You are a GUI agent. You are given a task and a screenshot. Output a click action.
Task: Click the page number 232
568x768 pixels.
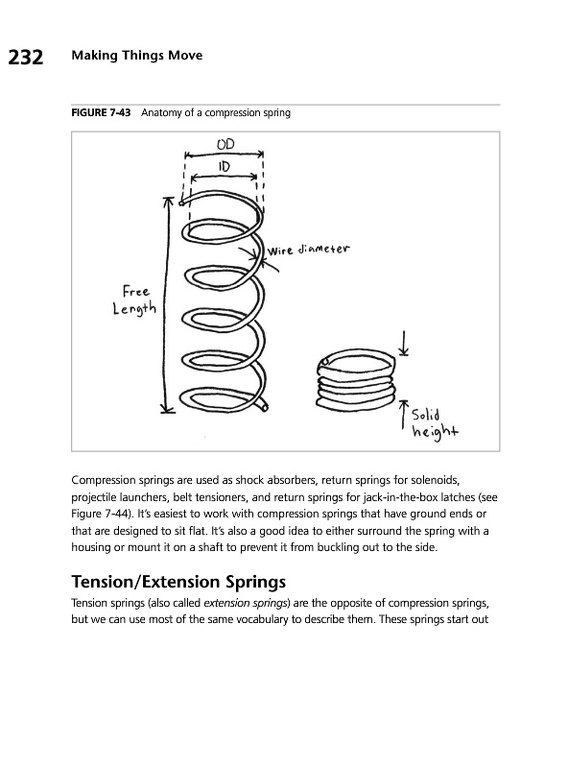coord(26,57)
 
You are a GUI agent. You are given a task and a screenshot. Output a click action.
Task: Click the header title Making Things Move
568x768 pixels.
coord(137,56)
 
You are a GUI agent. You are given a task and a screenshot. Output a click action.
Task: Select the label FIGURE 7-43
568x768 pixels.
coord(101,112)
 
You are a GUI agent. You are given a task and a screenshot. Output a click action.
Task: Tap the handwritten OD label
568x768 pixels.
coord(225,144)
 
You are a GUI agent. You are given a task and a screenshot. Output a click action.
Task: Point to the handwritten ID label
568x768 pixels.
coord(224,166)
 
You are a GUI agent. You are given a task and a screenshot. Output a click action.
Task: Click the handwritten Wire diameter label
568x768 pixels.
coord(309,250)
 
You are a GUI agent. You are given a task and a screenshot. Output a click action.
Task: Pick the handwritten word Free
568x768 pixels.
coord(135,291)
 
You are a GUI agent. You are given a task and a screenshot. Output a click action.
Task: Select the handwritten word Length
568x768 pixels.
coord(134,309)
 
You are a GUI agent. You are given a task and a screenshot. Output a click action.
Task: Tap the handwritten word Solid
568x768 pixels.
coord(425,415)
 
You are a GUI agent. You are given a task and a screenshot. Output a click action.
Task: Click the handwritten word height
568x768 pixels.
coord(435,431)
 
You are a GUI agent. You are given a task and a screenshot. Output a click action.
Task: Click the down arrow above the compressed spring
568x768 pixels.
coord(404,343)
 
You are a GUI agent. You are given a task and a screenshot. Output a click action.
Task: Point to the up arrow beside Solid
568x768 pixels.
coord(404,415)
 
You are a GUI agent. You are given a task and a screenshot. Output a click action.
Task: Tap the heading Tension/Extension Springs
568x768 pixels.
coord(178,582)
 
